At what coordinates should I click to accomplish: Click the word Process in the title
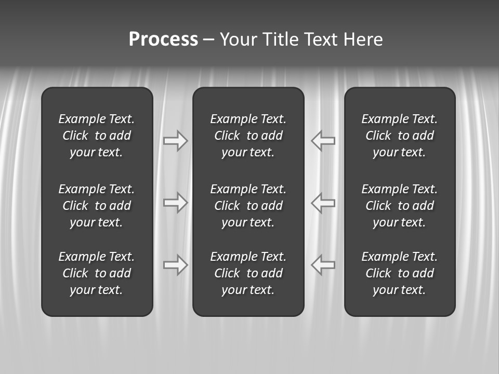pyautogui.click(x=163, y=39)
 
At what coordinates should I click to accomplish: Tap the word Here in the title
pyautogui.click(x=363, y=39)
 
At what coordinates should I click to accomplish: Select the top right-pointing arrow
pyautogui.click(x=176, y=141)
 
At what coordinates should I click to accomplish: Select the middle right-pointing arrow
pyautogui.click(x=176, y=203)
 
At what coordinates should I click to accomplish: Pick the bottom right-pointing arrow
pyautogui.click(x=176, y=265)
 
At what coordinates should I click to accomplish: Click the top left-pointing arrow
pyautogui.click(x=323, y=141)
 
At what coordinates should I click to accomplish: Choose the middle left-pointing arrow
pyautogui.click(x=323, y=203)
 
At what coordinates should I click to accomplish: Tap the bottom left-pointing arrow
pyautogui.click(x=323, y=265)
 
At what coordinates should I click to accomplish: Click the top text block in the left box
pyautogui.click(x=97, y=136)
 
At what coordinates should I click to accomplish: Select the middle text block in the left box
pyautogui.click(x=97, y=206)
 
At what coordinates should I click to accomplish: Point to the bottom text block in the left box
pyautogui.click(x=97, y=273)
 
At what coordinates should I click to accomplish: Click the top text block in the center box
pyautogui.click(x=248, y=136)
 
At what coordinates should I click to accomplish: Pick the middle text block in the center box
pyautogui.click(x=248, y=206)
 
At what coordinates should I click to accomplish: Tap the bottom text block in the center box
pyautogui.click(x=248, y=273)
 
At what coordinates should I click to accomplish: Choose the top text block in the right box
pyautogui.click(x=400, y=136)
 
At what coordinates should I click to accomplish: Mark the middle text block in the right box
pyautogui.click(x=400, y=206)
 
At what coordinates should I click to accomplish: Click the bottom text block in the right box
pyautogui.click(x=400, y=273)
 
